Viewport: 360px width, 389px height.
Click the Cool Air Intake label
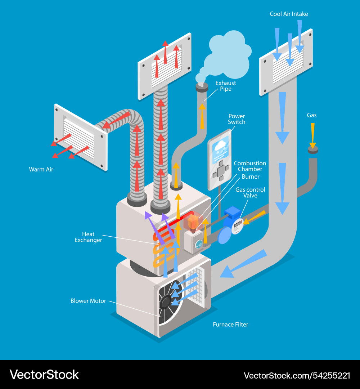(289, 14)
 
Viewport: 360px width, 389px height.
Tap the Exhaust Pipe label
(226, 86)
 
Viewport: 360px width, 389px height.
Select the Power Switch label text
(237, 119)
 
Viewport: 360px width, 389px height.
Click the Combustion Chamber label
(250, 166)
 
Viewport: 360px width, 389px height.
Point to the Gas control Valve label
(250, 193)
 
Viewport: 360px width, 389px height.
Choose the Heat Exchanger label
(88, 237)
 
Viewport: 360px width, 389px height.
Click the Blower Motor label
(88, 301)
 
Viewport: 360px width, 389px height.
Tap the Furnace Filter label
(230, 325)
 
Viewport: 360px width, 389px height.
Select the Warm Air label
(41, 169)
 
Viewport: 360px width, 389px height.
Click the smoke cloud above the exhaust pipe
(227, 54)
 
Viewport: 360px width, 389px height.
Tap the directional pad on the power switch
(221, 170)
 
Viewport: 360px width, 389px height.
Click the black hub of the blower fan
(166, 302)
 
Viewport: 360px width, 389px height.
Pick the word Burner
(251, 177)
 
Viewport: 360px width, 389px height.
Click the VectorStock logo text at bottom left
(44, 375)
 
